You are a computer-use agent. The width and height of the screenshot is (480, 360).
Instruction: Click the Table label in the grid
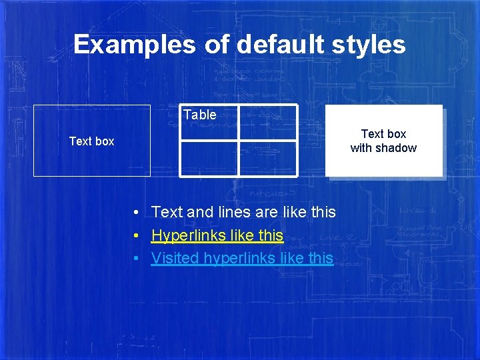(200, 115)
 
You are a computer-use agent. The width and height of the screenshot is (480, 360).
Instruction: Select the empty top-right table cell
(268, 123)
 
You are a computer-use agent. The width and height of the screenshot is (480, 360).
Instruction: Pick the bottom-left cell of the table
(209, 159)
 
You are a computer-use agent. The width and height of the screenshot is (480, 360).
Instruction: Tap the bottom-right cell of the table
(268, 159)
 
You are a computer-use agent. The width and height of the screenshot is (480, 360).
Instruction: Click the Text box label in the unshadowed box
(91, 141)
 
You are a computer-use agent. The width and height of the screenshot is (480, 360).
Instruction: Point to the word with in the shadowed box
(362, 148)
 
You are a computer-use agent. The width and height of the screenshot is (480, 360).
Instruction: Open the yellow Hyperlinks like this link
(217, 235)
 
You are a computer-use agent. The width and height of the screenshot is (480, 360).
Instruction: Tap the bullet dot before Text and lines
(135, 213)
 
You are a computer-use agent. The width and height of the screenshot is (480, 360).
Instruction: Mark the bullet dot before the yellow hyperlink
(135, 236)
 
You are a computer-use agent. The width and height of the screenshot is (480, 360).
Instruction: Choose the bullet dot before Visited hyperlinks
(135, 259)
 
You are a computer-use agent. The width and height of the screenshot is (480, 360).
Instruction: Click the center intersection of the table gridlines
(239, 141)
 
